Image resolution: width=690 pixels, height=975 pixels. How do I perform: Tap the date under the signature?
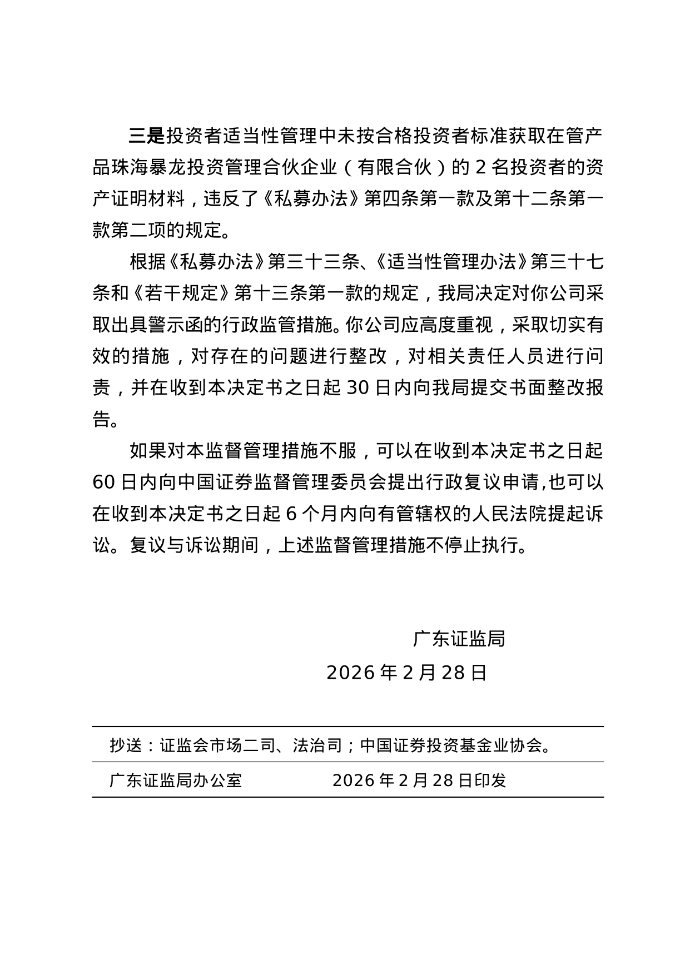point(406,673)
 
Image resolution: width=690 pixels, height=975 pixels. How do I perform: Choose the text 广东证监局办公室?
point(176,780)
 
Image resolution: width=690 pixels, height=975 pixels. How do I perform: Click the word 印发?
point(490,780)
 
